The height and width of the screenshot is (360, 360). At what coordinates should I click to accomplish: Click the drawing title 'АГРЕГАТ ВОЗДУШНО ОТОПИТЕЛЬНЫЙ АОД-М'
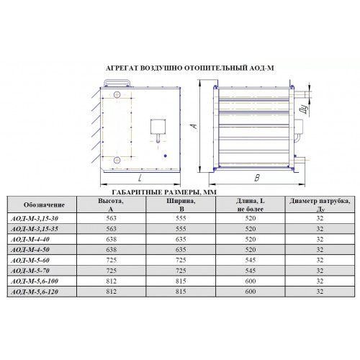(x=189, y=68)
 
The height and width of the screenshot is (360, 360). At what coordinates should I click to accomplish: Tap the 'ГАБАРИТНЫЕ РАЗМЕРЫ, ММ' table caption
(x=164, y=192)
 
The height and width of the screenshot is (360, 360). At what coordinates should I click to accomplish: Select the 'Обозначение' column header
(x=44, y=204)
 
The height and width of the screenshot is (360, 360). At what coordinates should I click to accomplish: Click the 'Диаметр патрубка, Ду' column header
(x=320, y=204)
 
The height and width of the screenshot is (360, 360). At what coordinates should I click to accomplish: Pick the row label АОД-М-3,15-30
(x=35, y=218)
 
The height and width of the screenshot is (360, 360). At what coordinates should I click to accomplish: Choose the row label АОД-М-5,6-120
(x=35, y=292)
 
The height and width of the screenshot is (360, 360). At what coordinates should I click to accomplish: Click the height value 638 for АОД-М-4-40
(x=112, y=239)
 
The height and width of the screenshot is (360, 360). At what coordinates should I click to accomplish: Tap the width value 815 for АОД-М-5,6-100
(x=181, y=281)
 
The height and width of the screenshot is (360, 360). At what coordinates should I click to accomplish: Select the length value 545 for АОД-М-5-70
(x=251, y=271)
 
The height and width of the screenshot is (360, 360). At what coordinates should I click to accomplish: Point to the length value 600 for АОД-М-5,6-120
(x=251, y=292)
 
